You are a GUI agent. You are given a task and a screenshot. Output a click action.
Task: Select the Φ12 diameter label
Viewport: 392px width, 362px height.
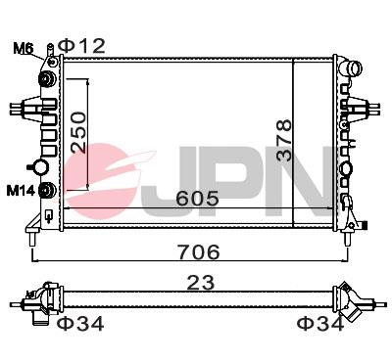[81, 44]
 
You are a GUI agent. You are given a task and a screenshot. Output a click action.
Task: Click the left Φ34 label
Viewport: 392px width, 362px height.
[79, 323]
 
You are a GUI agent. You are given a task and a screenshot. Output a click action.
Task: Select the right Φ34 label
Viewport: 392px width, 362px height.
[320, 323]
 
